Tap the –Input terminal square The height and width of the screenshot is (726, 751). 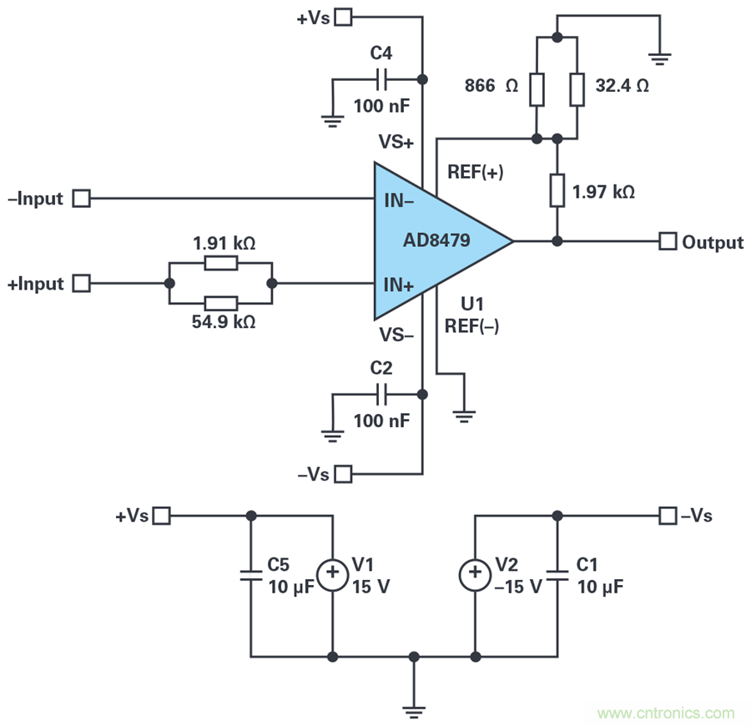pos(81,199)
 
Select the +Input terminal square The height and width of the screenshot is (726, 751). pos(81,284)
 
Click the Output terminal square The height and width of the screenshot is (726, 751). pos(668,241)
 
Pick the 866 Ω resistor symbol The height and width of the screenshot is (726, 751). pos(536,89)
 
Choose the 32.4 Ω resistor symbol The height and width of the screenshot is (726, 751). pos(577,89)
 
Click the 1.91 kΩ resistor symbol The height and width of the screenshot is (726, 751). pos(220,264)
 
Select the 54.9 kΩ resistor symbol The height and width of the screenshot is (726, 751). pos(220,303)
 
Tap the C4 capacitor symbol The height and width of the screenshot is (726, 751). pos(381,79)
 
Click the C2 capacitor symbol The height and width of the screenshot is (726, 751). pos(381,394)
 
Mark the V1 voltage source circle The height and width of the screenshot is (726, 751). pos(333,572)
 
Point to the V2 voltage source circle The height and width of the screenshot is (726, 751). pos(475,572)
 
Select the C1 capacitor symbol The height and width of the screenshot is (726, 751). pos(557,574)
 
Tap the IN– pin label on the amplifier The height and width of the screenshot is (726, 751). pos(400,201)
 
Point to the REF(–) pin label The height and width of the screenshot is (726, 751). pos(473,326)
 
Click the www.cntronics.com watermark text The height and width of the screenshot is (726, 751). pos(667,713)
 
